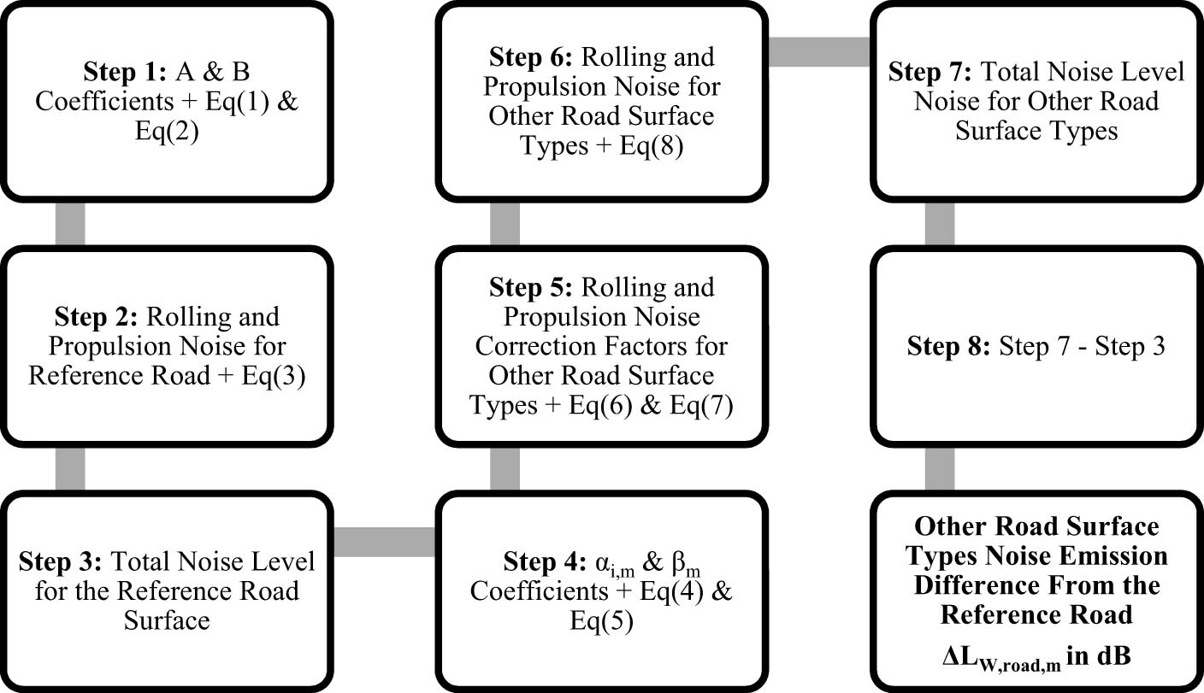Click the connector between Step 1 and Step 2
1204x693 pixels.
tap(69, 225)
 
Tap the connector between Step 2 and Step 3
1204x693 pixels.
tap(69, 468)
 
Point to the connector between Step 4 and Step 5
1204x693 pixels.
tap(505, 468)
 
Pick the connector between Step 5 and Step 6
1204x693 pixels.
tap(505, 225)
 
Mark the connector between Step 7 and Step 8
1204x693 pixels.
tap(940, 225)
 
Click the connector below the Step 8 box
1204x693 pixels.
tap(940, 468)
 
